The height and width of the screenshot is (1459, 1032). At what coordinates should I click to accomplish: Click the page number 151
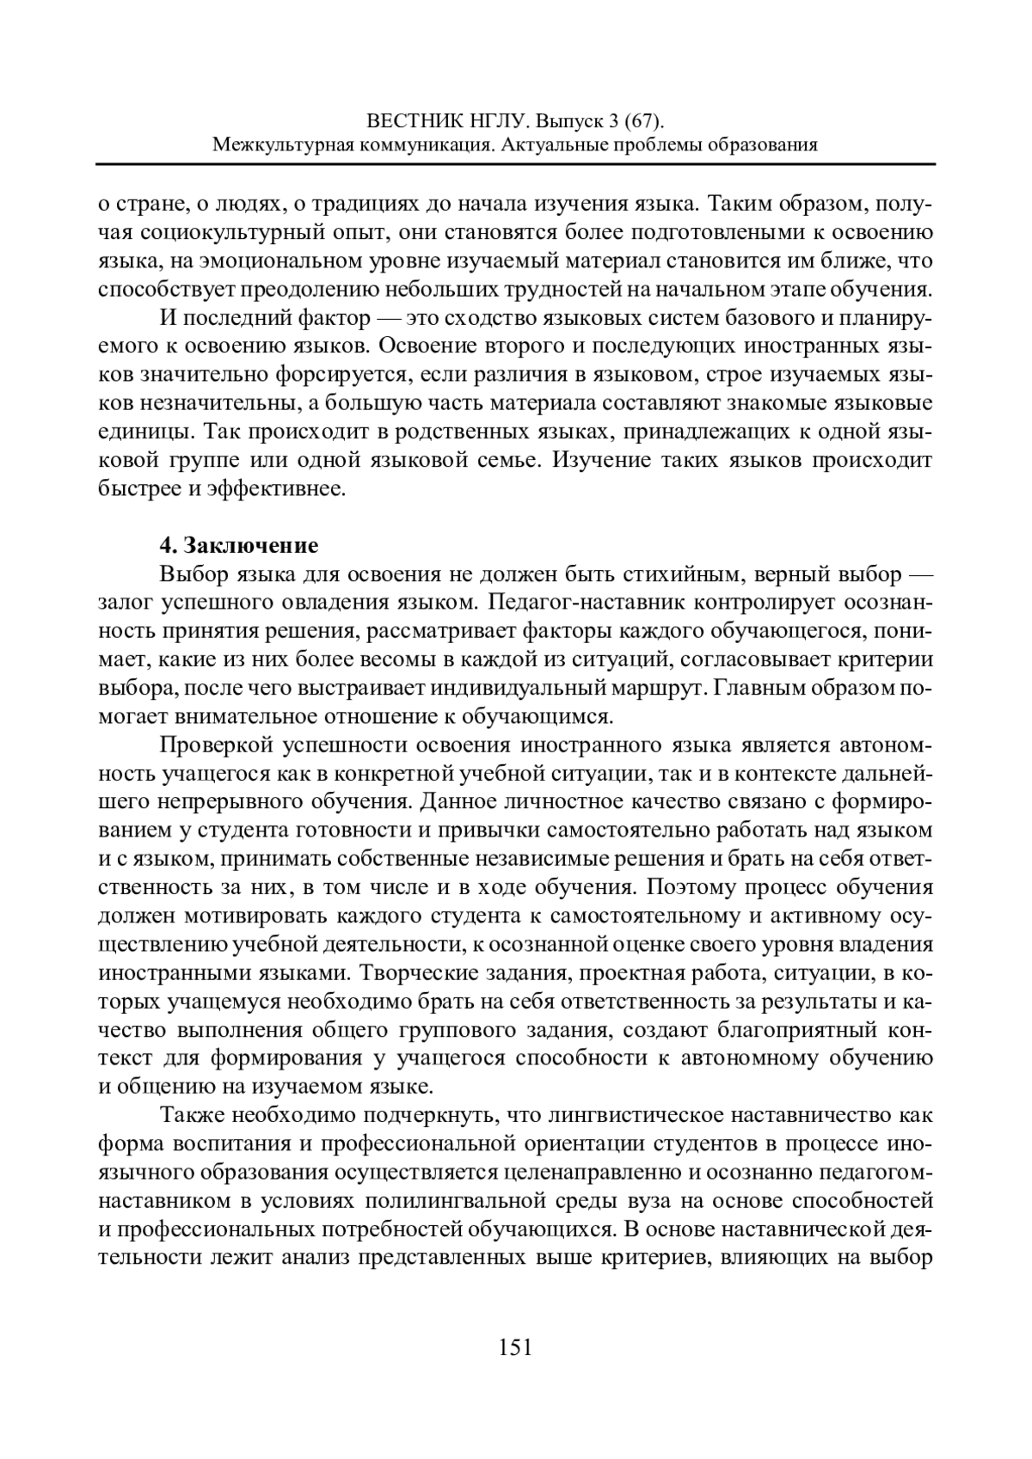coord(516,1346)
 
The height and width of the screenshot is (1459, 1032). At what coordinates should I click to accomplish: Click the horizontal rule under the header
coord(516,163)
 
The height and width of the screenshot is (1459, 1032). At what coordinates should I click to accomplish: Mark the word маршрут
coord(654,687)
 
